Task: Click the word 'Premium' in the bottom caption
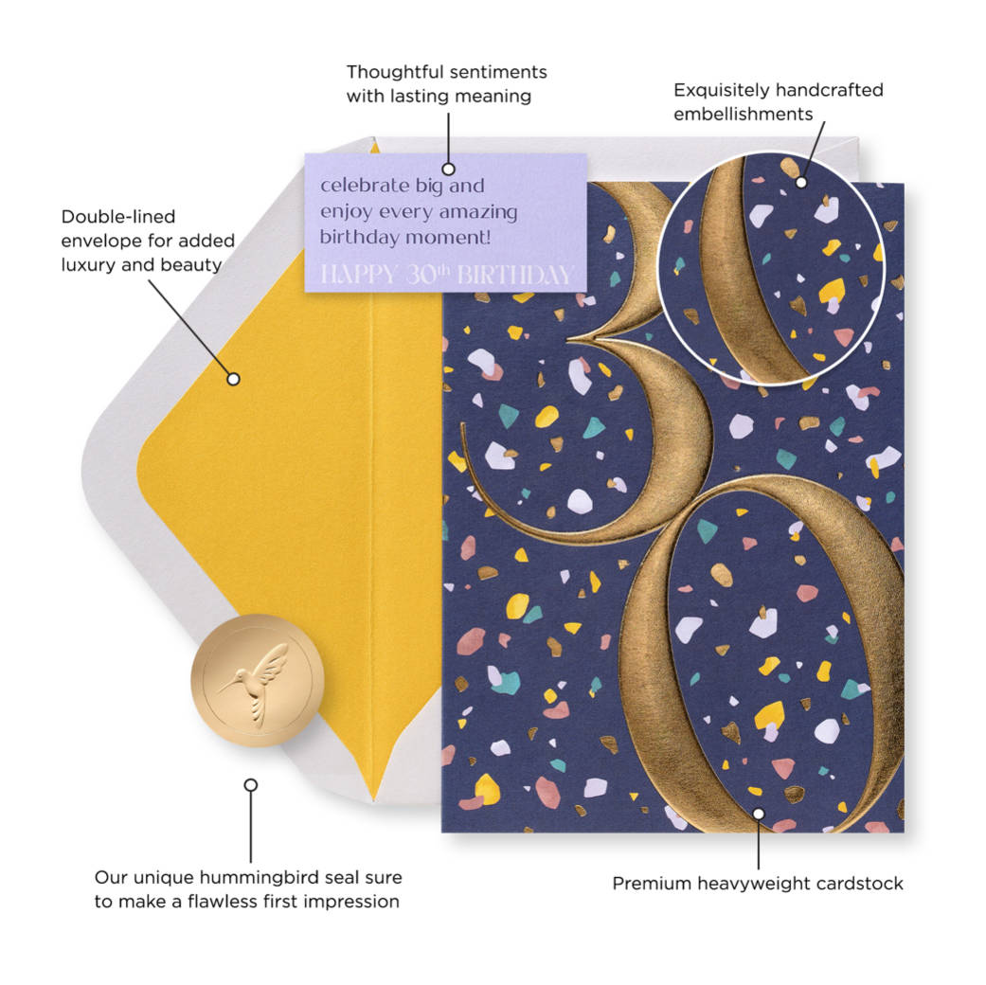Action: (x=653, y=884)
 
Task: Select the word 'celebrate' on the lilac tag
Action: (x=365, y=186)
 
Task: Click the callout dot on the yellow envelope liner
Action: (x=233, y=379)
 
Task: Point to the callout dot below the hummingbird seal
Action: (x=251, y=785)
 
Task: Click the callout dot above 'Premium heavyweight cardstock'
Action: (x=758, y=814)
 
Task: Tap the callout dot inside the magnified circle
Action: (x=800, y=181)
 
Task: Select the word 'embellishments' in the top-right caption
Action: (x=744, y=114)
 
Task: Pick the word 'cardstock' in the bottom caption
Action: (x=860, y=884)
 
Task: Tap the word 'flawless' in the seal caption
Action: (x=249, y=902)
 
